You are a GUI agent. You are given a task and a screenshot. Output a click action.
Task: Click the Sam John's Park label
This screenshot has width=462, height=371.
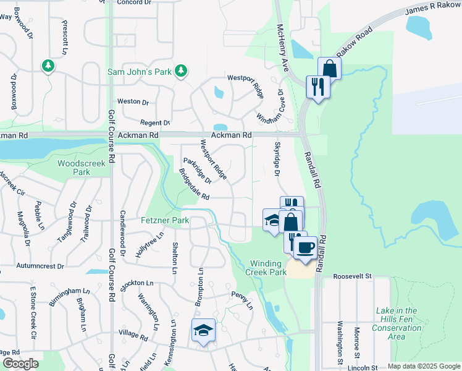coord(139,72)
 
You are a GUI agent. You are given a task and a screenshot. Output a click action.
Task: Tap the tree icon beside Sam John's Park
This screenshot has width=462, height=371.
coord(181,72)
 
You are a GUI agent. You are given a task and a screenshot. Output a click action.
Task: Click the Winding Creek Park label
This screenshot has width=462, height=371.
coord(266,267)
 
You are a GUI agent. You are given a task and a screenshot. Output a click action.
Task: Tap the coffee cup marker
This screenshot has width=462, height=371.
coord(304,248)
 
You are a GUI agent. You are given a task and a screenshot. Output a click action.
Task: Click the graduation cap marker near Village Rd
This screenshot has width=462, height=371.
coord(203,331)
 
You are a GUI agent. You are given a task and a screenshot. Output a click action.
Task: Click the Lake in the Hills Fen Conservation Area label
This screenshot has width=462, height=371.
coord(396,323)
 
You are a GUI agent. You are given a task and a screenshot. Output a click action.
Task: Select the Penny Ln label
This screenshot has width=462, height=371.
coord(242,299)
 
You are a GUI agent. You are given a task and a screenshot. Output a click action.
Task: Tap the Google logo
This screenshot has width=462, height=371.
coord(20,364)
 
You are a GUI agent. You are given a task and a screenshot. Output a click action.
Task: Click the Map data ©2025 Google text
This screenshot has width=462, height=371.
coord(423,366)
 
